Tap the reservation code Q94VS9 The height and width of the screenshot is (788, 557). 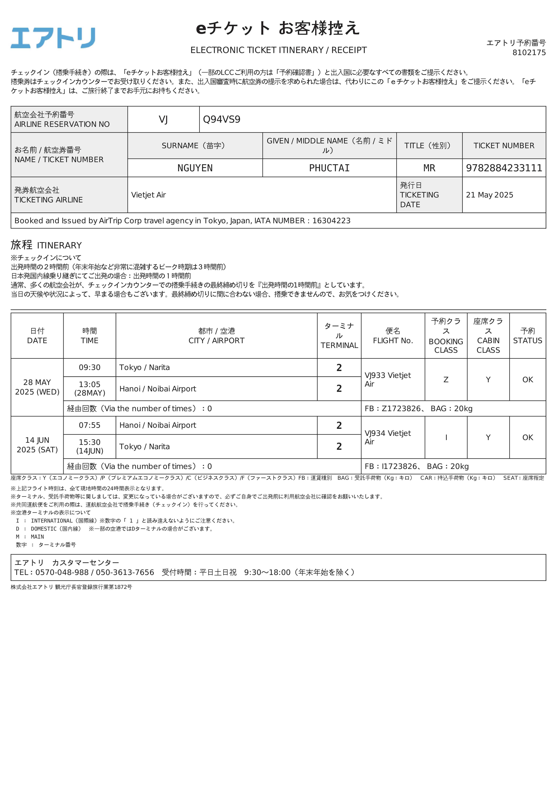tap(222, 119)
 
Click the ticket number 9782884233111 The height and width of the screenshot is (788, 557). tap(504, 168)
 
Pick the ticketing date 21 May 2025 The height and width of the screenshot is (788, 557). tap(489, 195)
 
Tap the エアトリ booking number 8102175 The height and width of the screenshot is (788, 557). tap(529, 53)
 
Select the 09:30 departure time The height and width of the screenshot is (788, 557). tap(90, 368)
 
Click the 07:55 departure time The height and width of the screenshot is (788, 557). tap(90, 425)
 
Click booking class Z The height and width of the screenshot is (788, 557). tap(446, 380)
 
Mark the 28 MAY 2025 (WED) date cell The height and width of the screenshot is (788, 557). tap(37, 387)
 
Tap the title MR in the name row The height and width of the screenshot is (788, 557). tap(429, 168)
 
